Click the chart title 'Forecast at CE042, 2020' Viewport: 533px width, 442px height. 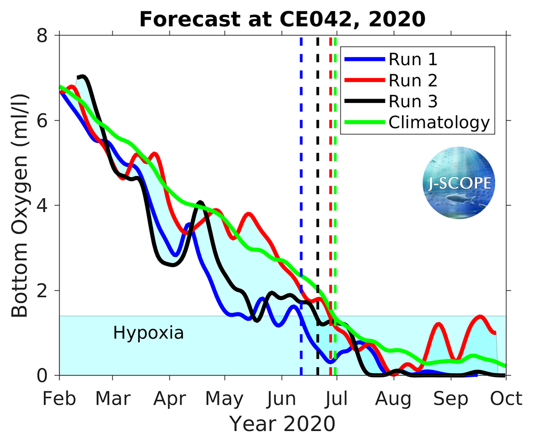(x=282, y=19)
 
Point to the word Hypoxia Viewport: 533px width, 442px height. (x=148, y=333)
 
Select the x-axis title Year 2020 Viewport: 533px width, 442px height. (x=282, y=424)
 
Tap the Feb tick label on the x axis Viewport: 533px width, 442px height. (x=59, y=398)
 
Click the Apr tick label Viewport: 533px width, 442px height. (x=169, y=398)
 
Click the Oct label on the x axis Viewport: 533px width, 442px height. (x=505, y=398)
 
